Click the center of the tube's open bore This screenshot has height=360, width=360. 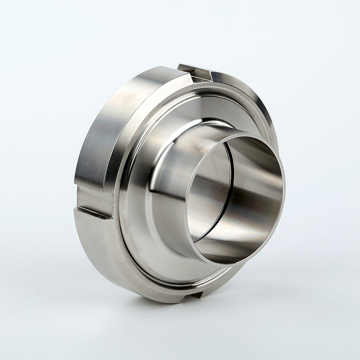234,198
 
